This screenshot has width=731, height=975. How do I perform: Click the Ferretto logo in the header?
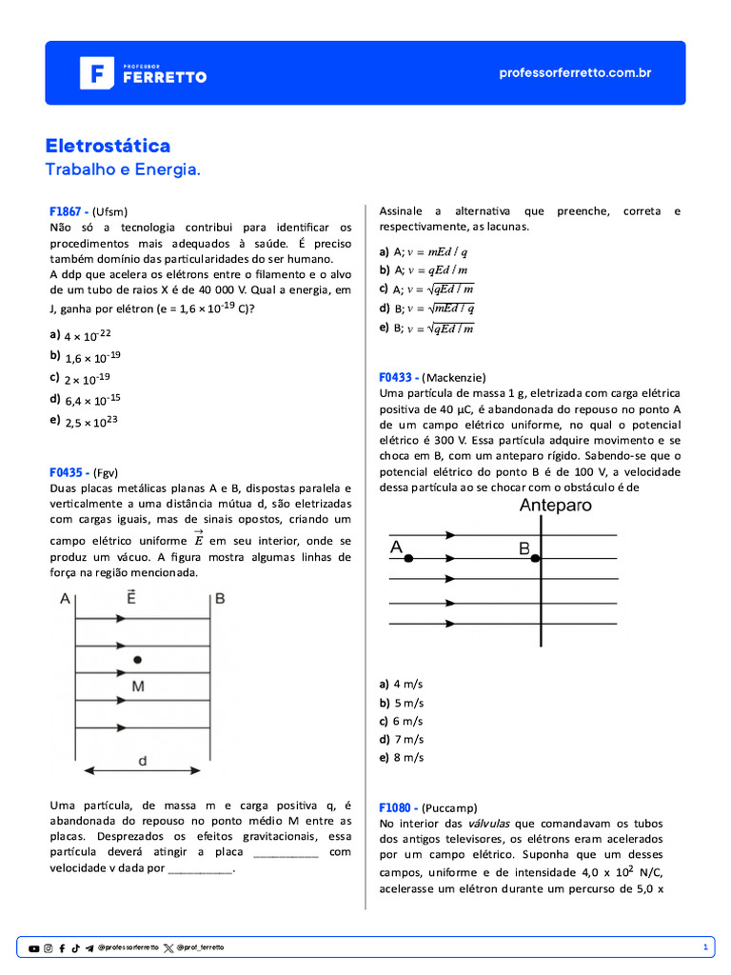point(143,73)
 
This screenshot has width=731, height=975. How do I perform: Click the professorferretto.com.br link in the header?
point(575,73)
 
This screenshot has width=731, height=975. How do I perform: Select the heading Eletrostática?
point(109,146)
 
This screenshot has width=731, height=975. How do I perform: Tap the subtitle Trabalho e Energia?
point(123,169)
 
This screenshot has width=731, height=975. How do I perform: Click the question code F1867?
point(69,211)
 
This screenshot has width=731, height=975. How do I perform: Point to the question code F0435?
point(69,472)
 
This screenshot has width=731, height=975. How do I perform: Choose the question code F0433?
point(399,377)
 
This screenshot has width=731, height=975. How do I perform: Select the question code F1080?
point(399,806)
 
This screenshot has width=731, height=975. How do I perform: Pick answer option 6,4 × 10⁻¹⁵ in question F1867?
point(91,400)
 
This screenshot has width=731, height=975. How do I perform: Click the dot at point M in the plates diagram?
point(138,659)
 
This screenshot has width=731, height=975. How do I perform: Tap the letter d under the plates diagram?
point(142,762)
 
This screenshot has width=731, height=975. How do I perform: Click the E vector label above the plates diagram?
point(129,597)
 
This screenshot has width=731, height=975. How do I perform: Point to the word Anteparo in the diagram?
point(555,506)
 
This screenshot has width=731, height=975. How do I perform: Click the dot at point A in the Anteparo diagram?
point(408,559)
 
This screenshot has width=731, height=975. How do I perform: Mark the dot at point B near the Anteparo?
point(536,559)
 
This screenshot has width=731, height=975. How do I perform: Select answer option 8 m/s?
point(407,758)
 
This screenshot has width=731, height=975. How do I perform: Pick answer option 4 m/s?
point(407,685)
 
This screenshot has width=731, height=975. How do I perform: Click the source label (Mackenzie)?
point(454,377)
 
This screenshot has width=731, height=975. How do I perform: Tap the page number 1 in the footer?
point(705,947)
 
